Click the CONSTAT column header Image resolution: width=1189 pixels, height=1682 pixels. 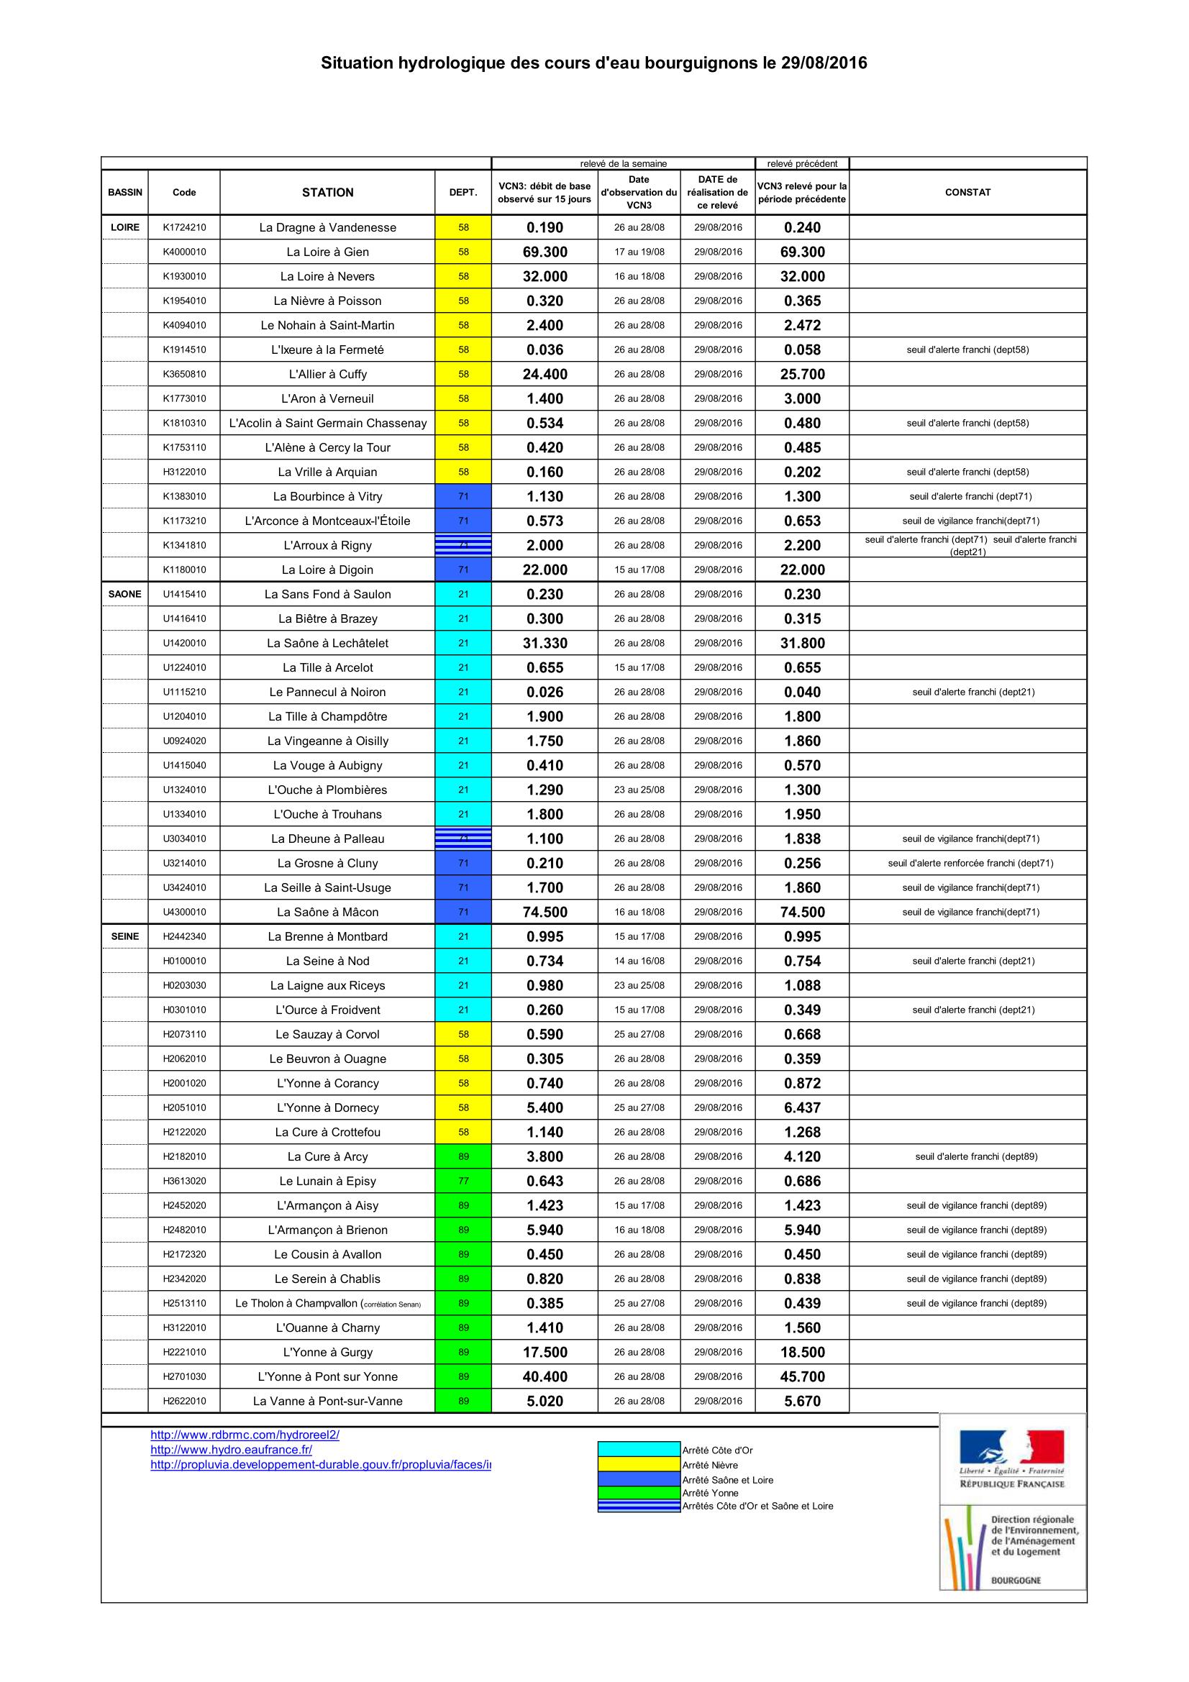[967, 192]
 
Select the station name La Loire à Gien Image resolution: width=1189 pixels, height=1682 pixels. [327, 252]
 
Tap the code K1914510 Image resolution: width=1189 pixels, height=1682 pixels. [184, 349]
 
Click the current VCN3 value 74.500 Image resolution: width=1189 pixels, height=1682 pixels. [545, 912]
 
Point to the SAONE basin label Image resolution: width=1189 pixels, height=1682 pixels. [124, 594]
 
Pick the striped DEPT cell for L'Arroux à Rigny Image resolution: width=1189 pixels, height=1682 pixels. [463, 545]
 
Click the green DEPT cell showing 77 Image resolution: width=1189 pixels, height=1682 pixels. [463, 1181]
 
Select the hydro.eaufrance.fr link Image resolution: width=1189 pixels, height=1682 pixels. [231, 1449]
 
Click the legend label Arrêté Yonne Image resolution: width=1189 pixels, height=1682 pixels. [710, 1493]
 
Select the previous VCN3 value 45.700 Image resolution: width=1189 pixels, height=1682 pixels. [802, 1376]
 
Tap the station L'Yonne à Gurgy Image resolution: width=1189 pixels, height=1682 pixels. [327, 1353]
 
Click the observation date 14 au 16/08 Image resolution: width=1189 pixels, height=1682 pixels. [639, 961]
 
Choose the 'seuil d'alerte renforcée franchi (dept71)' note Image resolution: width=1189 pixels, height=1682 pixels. [970, 863]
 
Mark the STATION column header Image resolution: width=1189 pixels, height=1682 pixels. [327, 192]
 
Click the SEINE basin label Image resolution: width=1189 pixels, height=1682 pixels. [124, 936]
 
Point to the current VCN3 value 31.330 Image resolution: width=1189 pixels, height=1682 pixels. [545, 643]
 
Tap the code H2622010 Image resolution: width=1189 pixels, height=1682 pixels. [184, 1401]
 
